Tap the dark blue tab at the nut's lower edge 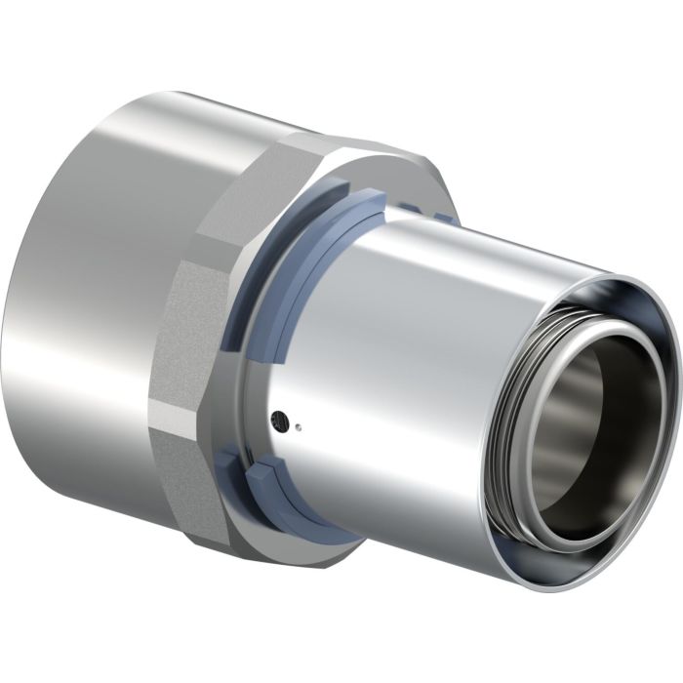click(x=234, y=459)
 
